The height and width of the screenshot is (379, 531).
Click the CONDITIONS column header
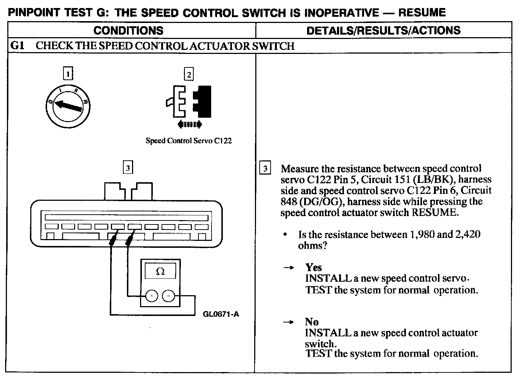128,30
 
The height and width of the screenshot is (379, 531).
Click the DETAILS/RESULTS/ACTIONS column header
383,30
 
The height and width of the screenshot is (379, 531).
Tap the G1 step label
17,46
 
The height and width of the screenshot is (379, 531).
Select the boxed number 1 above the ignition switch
68,74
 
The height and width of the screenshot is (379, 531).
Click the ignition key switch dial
68,106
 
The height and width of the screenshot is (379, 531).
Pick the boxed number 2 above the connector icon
189,74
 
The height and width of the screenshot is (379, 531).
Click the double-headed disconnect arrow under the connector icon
189,125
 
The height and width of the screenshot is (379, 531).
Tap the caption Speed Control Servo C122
189,141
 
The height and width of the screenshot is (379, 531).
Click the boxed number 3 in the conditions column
127,168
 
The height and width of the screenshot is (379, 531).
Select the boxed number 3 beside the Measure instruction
265,168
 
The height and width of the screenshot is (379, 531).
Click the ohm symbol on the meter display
160,271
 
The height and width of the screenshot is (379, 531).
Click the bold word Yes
314,267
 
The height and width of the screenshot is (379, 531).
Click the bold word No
312,322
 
